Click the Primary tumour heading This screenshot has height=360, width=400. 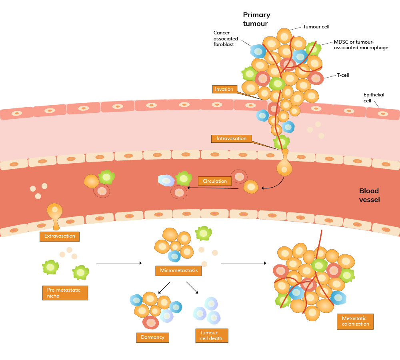(x=256, y=19)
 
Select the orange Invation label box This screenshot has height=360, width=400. (x=224, y=89)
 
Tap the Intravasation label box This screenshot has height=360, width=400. (x=232, y=139)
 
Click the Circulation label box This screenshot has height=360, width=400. (x=215, y=181)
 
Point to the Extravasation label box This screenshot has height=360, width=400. (x=60, y=236)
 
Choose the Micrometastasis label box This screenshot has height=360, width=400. (x=179, y=271)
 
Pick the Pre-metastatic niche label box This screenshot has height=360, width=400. (x=64, y=293)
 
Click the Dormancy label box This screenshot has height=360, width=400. (x=152, y=338)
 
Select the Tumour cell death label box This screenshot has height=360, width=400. (x=212, y=336)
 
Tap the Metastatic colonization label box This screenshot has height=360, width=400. (x=355, y=321)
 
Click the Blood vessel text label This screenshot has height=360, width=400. (x=369, y=195)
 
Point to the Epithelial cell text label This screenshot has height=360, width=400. (x=374, y=98)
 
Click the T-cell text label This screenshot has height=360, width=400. (x=343, y=75)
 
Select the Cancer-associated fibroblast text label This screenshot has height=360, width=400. (x=226, y=38)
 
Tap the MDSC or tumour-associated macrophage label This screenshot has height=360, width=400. (x=361, y=45)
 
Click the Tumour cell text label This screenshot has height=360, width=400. (x=316, y=26)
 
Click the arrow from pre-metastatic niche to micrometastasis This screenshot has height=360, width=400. (x=119, y=263)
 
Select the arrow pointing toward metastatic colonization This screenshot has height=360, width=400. (x=243, y=263)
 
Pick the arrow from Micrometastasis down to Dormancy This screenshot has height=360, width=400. (x=164, y=288)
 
